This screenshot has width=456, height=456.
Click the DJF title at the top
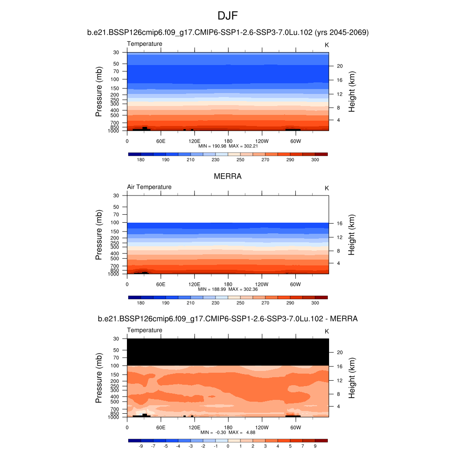(x=228, y=16)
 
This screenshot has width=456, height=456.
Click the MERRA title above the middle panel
(x=228, y=176)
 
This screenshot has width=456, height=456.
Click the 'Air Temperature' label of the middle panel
(x=149, y=187)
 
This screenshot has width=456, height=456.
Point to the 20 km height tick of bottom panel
(x=339, y=352)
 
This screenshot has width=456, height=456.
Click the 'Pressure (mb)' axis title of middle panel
(x=99, y=235)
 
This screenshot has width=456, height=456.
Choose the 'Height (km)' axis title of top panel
(x=352, y=91)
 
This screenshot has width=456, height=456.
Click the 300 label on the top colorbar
(x=315, y=159)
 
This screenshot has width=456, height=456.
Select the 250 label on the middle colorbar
(x=240, y=303)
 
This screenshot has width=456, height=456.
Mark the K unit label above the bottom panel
(x=326, y=331)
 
